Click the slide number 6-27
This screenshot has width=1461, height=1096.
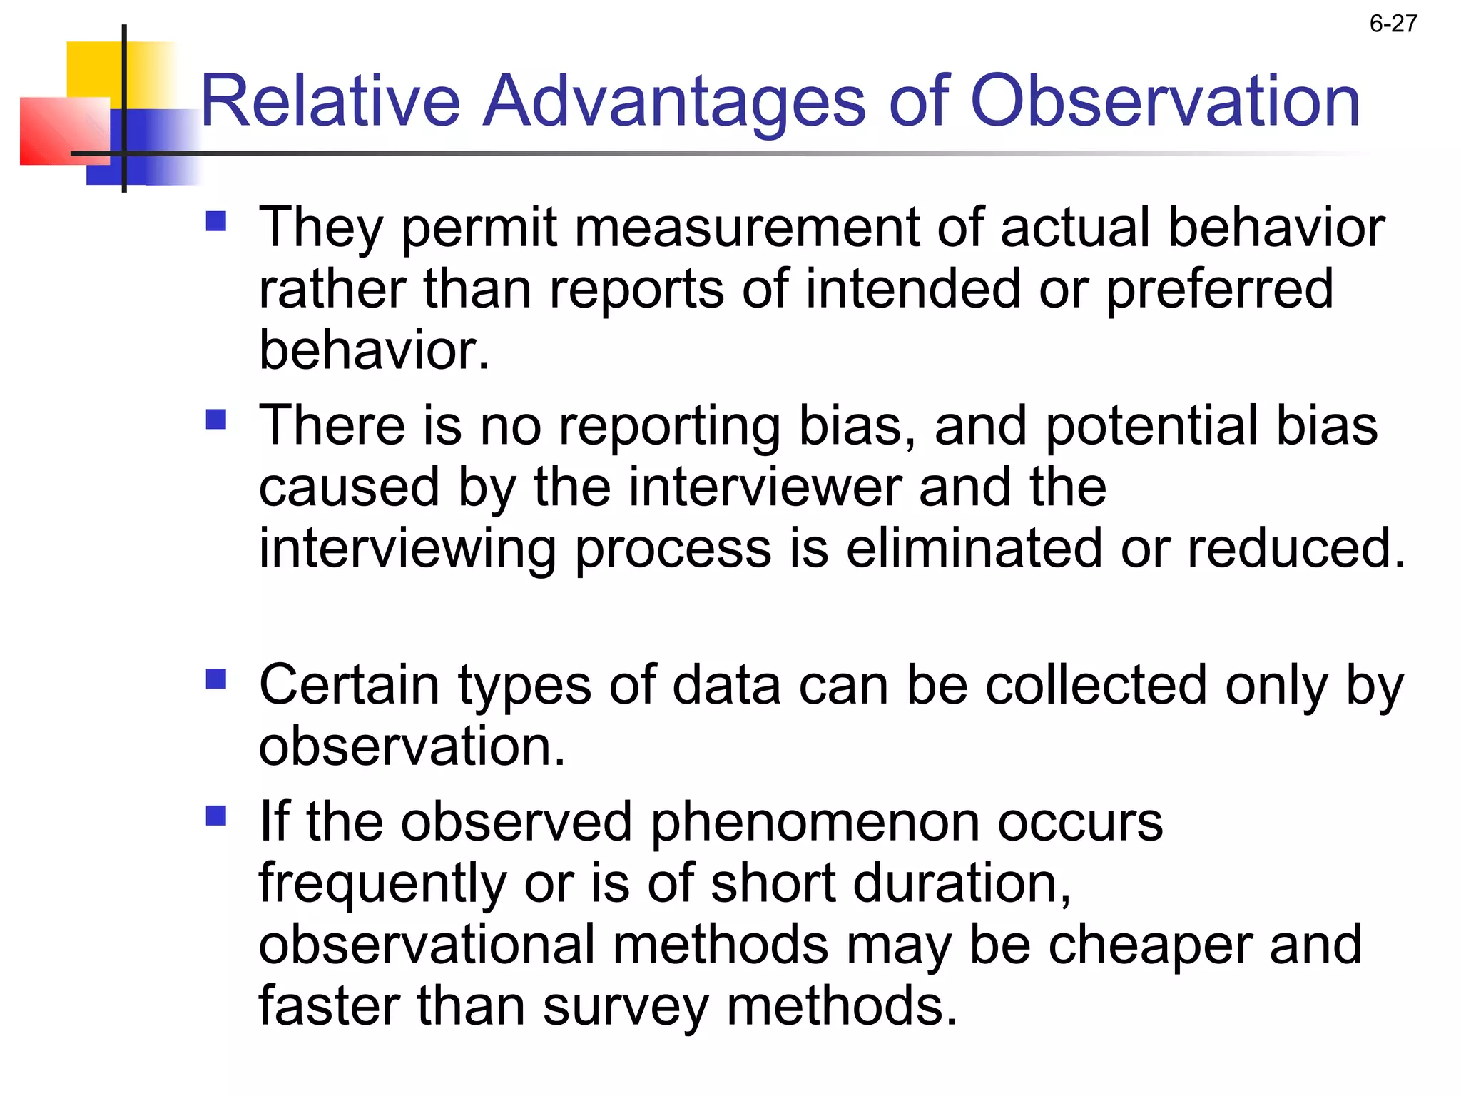1393,24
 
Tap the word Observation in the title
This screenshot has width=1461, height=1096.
1166,101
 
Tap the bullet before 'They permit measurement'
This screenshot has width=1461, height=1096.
215,221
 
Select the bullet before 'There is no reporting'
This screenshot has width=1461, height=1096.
215,419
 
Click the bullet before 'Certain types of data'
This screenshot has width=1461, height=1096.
215,679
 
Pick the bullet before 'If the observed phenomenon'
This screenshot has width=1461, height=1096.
215,815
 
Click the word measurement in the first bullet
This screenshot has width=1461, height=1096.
746,228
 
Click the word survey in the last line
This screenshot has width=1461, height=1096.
625,1007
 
